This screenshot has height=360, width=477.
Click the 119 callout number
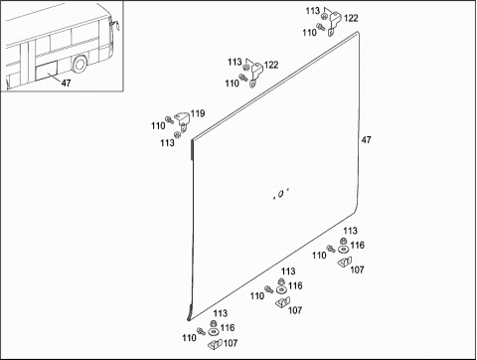(x=198, y=113)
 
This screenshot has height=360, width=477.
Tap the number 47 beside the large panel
(x=366, y=140)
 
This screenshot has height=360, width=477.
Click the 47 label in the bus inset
(x=66, y=83)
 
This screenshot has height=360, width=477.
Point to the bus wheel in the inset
(x=79, y=65)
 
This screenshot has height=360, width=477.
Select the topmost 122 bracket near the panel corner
(x=335, y=23)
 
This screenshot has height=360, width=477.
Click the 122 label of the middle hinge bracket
(x=271, y=65)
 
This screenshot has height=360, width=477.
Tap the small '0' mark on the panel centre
(x=280, y=194)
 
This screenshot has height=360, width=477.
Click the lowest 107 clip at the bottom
(x=216, y=344)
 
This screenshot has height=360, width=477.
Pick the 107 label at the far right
(x=357, y=270)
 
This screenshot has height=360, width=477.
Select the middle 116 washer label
(x=295, y=285)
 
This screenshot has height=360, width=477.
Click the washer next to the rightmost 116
(x=344, y=250)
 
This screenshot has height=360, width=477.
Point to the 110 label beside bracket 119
(x=158, y=126)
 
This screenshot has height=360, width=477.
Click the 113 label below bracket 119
(x=167, y=143)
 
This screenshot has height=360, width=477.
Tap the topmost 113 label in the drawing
(x=313, y=11)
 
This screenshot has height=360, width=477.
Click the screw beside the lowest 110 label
(x=201, y=331)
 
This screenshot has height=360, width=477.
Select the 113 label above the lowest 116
(x=221, y=313)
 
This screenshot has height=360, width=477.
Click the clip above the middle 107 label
(x=283, y=302)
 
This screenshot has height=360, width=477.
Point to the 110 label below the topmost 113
(x=309, y=33)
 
